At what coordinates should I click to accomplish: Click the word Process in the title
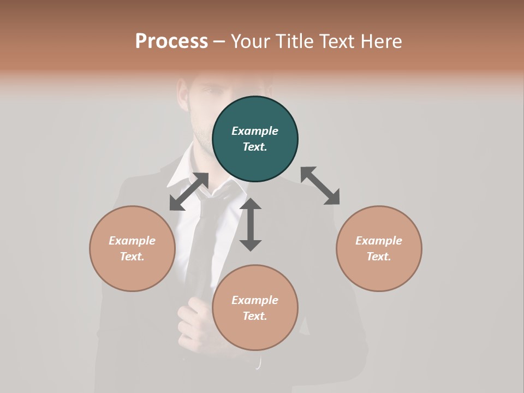coord(171,41)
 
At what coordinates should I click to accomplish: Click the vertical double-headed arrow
coord(251,224)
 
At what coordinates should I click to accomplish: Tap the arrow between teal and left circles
coord(189,192)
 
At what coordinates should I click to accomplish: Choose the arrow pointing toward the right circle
coord(320,186)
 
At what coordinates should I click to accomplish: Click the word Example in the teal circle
coord(255,131)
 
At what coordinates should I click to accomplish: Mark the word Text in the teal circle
coord(254,147)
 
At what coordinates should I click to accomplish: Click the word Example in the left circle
coord(132,241)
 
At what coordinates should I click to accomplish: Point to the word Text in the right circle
coord(378,257)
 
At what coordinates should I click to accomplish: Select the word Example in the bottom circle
coord(255,300)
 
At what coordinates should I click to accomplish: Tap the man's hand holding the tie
coord(194,322)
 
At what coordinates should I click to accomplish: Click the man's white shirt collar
coord(183,169)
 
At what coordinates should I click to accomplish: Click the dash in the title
coord(219,41)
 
